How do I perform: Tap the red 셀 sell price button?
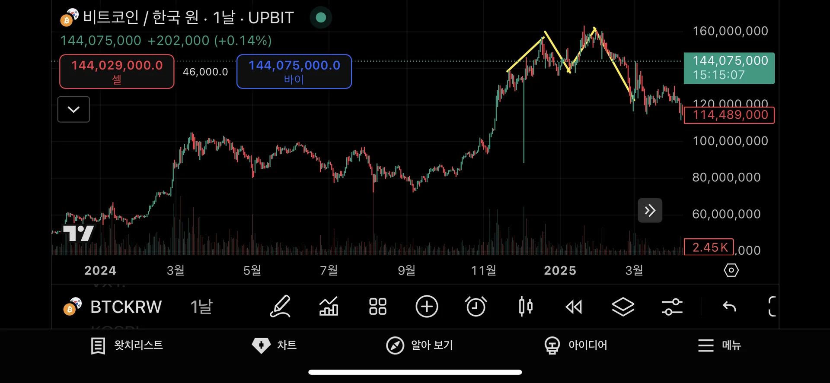(x=117, y=71)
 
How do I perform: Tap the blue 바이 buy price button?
(x=294, y=71)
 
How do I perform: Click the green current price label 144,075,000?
(x=729, y=68)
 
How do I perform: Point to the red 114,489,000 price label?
(x=729, y=115)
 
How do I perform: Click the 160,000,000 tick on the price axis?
(x=730, y=31)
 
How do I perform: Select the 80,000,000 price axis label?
(x=726, y=177)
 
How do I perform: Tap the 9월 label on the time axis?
(x=406, y=270)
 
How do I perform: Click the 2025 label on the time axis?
(x=560, y=270)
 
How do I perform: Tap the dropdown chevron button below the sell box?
(x=73, y=109)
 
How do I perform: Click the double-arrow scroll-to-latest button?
(x=650, y=210)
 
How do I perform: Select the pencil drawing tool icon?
(x=280, y=307)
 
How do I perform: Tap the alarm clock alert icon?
(x=476, y=307)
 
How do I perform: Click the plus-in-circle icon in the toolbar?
(x=427, y=307)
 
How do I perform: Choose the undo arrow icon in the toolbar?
(x=729, y=307)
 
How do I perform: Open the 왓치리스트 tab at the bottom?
(x=127, y=345)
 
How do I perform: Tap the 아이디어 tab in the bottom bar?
(x=576, y=345)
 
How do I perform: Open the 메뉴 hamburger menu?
(x=719, y=345)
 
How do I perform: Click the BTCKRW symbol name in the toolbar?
(x=126, y=307)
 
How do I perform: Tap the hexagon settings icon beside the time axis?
(x=731, y=270)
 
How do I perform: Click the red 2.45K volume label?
(x=709, y=247)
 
